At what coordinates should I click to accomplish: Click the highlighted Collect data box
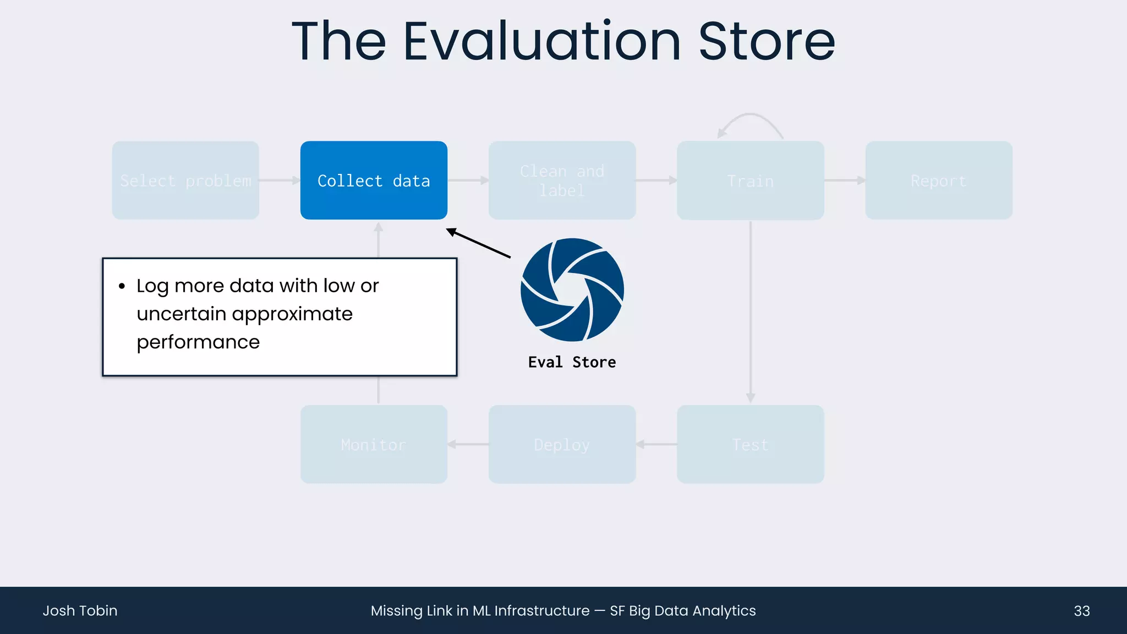tap(374, 181)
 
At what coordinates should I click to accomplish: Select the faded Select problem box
tap(185, 181)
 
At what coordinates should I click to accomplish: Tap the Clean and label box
tap(562, 181)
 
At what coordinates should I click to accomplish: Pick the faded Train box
tap(750, 181)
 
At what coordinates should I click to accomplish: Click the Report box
tap(938, 181)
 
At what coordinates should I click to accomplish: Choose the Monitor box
tap(374, 444)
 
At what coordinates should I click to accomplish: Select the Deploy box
tap(562, 444)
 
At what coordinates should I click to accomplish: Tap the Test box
tap(750, 444)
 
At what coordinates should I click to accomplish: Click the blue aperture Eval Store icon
tap(572, 289)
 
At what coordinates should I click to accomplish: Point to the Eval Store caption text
tap(572, 362)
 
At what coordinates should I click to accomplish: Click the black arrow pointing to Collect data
tap(479, 243)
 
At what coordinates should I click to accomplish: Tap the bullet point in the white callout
tap(122, 286)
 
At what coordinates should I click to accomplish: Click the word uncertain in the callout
tap(182, 314)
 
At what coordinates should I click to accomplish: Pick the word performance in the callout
tap(198, 342)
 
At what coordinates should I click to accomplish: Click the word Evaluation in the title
tap(542, 41)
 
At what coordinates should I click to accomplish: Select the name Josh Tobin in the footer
tap(80, 611)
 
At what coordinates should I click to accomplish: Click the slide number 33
tap(1081, 611)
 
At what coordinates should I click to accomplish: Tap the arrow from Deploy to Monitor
tap(468, 444)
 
